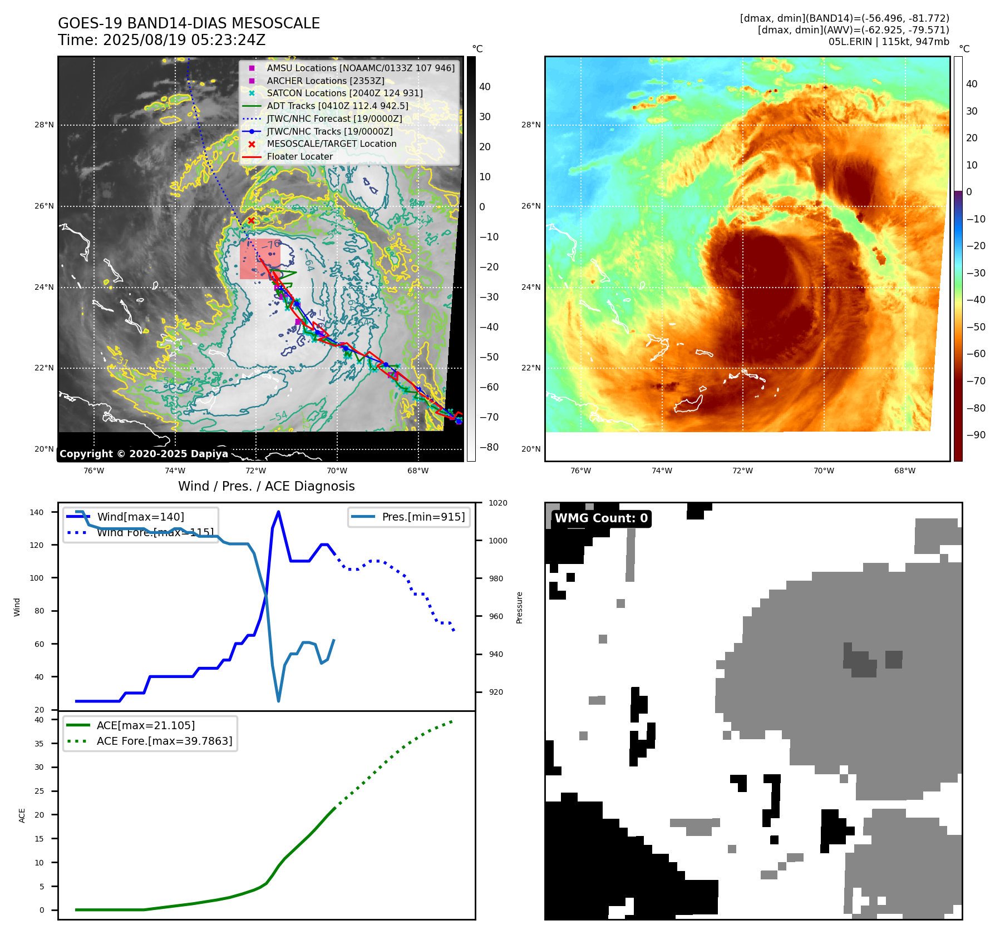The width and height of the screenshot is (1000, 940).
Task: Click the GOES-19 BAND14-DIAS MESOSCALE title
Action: pos(189,23)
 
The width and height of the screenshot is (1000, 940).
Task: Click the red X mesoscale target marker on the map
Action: pos(251,221)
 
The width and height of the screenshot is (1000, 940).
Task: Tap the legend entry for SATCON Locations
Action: pos(344,93)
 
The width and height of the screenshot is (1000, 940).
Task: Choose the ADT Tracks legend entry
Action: pos(337,106)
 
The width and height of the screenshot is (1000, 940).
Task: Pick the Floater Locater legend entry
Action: pos(299,156)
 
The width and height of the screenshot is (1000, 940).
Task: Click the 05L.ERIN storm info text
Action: pos(889,42)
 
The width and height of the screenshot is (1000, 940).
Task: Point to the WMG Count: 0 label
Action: pos(601,518)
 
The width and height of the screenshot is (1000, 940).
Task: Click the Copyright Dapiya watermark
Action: pos(144,454)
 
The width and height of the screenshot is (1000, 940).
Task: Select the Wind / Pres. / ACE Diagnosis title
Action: pos(266,486)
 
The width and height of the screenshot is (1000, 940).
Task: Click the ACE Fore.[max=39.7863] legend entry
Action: pos(164,741)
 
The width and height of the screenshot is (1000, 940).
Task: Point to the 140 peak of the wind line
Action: pos(278,512)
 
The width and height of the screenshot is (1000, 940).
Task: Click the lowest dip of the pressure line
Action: pos(278,701)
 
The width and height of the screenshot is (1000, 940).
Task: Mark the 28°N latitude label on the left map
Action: pos(44,125)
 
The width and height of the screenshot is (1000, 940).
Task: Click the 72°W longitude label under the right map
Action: pos(742,471)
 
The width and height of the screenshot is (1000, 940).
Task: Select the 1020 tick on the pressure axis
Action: pos(497,503)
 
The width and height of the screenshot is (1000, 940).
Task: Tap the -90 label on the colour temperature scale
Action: pos(976,435)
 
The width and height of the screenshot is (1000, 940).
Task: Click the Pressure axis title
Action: pos(519,607)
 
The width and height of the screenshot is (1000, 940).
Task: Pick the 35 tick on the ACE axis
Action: pos(39,743)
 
